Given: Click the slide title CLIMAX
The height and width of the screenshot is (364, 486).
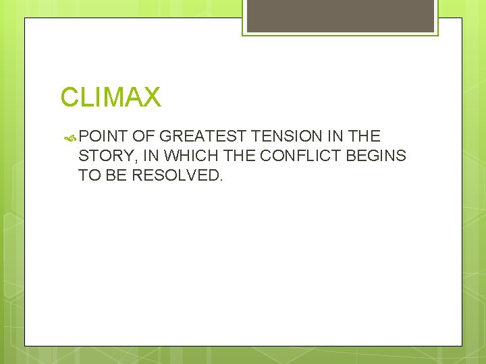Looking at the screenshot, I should click(x=111, y=98).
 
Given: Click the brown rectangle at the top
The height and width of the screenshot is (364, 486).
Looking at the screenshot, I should click(x=340, y=16).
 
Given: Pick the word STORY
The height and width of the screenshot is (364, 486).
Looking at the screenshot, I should click(x=101, y=156).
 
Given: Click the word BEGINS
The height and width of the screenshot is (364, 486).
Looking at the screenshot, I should click(x=375, y=156).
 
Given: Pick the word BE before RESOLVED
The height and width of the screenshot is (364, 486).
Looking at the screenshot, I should click(x=117, y=176).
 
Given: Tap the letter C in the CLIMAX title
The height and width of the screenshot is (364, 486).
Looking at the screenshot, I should click(x=70, y=98).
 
